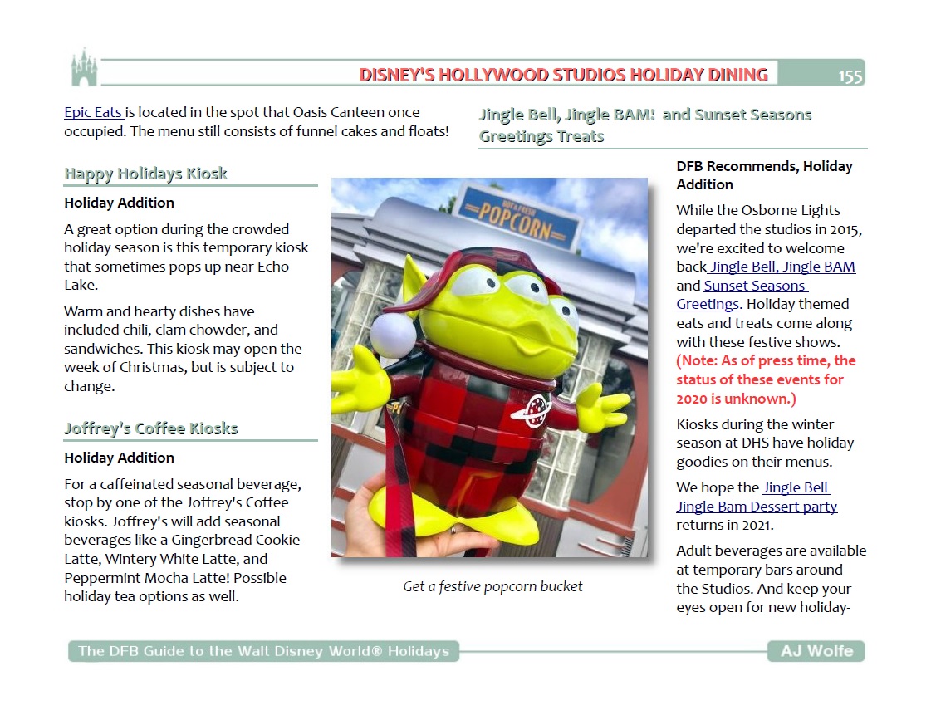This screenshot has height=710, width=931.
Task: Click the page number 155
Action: click(850, 76)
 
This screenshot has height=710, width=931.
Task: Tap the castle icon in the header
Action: click(84, 68)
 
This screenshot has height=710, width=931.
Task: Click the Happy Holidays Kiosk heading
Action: click(145, 174)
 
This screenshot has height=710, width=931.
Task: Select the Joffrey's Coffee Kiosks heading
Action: click(151, 428)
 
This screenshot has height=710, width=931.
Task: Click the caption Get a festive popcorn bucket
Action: click(492, 586)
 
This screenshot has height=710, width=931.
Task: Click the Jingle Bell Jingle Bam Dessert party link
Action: click(757, 497)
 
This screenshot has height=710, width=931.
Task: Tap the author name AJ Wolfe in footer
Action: click(816, 651)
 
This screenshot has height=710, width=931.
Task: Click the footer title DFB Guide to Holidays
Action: click(263, 651)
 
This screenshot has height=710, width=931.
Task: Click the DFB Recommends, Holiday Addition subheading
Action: click(764, 175)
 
